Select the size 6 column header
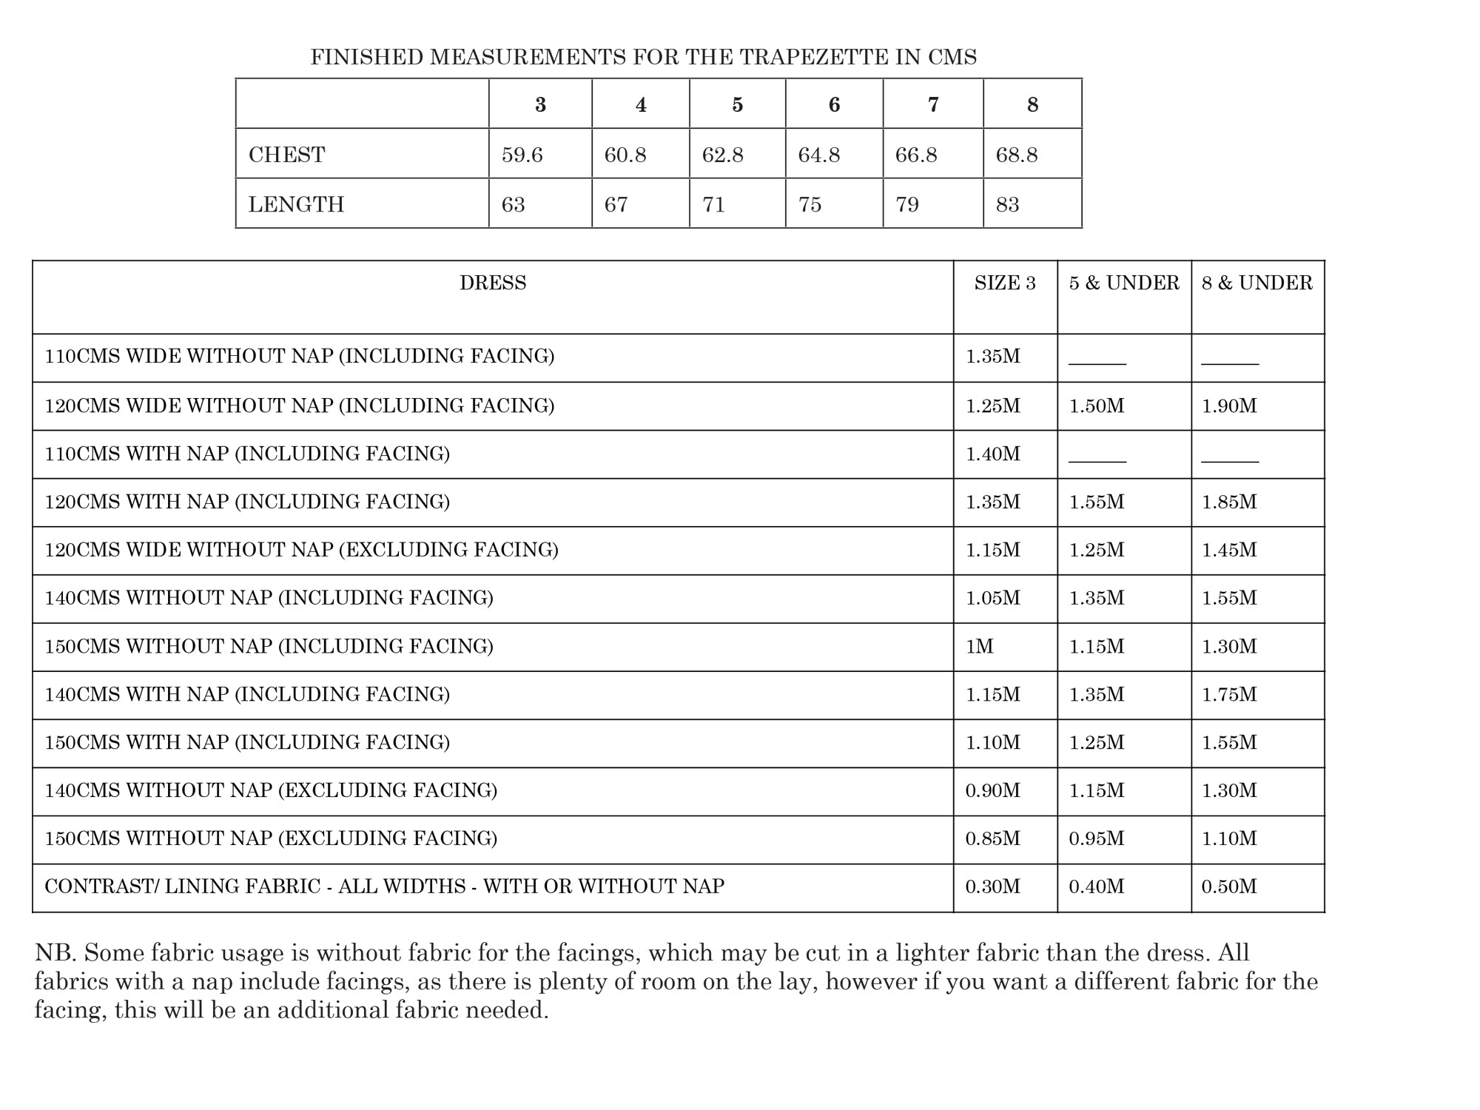[834, 105]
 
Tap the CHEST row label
[286, 155]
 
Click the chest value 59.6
[522, 155]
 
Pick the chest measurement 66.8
[916, 155]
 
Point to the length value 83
[1007, 204]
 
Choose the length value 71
[713, 204]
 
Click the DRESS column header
[493, 283]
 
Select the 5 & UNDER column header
[1124, 283]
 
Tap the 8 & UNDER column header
[1257, 283]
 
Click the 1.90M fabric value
[1229, 406]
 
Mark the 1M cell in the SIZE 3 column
[980, 646]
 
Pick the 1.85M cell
[1229, 502]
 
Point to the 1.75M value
[1229, 694]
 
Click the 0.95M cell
[1097, 838]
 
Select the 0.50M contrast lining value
[1229, 887]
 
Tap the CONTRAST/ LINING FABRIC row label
[384, 887]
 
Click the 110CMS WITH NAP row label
[247, 454]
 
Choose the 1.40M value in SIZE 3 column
[993, 454]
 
